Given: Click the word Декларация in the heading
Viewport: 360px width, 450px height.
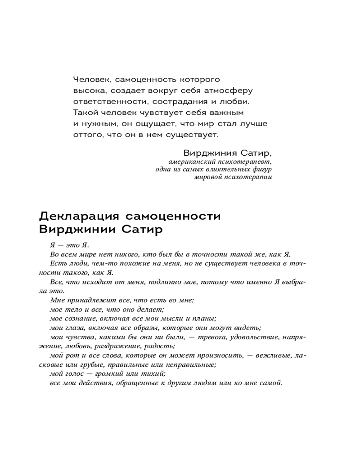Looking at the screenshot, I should point(78,216).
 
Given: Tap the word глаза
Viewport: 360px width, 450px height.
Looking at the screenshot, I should point(72,327).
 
